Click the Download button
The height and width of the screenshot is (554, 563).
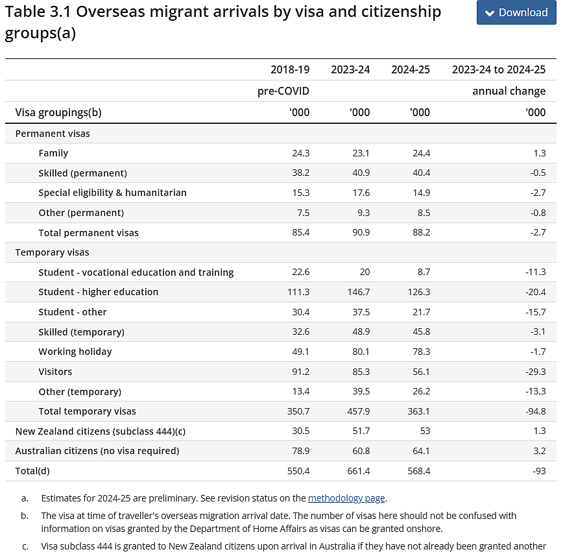point(516,12)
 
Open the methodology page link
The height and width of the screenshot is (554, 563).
point(346,498)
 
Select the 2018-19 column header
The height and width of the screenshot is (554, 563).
point(290,69)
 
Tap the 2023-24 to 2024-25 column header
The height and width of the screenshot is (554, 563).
point(499,69)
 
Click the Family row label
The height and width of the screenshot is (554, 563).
point(53,153)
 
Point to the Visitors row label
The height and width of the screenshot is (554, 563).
point(55,372)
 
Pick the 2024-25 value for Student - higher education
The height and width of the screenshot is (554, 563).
point(418,292)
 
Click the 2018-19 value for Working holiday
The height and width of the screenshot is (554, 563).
point(300,352)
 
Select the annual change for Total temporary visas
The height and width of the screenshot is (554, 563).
point(536,411)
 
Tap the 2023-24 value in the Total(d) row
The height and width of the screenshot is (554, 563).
point(358,471)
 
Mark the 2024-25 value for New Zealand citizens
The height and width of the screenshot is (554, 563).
point(425,431)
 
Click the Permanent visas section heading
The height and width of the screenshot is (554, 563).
point(53,134)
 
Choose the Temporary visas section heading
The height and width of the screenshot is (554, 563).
point(53,252)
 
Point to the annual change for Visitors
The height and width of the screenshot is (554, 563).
point(536,372)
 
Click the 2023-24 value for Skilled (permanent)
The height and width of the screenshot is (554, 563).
point(361,173)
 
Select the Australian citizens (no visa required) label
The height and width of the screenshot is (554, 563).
point(97,451)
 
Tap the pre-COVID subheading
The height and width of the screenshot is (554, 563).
point(283,91)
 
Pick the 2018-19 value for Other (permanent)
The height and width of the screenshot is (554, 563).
point(303,213)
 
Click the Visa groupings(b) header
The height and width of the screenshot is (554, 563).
point(58,113)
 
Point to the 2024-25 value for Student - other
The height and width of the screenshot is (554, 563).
point(421,312)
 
